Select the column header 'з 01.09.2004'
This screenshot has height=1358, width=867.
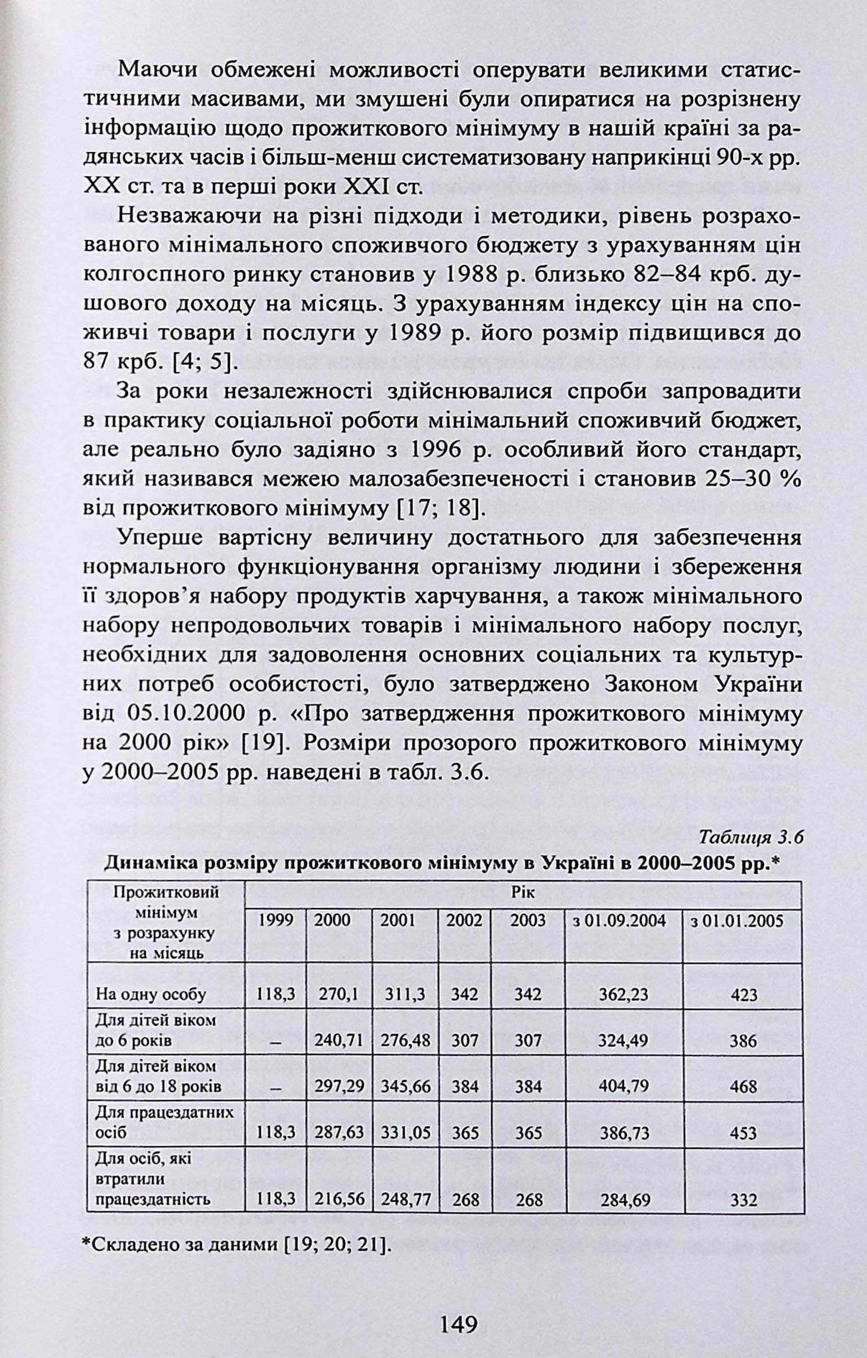[623, 921]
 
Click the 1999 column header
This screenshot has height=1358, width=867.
[276, 921]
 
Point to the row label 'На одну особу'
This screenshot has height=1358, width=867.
[151, 994]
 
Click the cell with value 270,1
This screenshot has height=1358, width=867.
[339, 994]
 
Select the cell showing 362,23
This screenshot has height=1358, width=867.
[623, 994]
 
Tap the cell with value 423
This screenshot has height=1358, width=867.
[744, 994]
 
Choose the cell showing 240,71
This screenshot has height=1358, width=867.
[339, 1040]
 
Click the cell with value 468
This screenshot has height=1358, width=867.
[744, 1086]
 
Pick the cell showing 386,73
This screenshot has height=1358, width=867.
[623, 1132]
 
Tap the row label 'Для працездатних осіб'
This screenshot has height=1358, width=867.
[164, 1122]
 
